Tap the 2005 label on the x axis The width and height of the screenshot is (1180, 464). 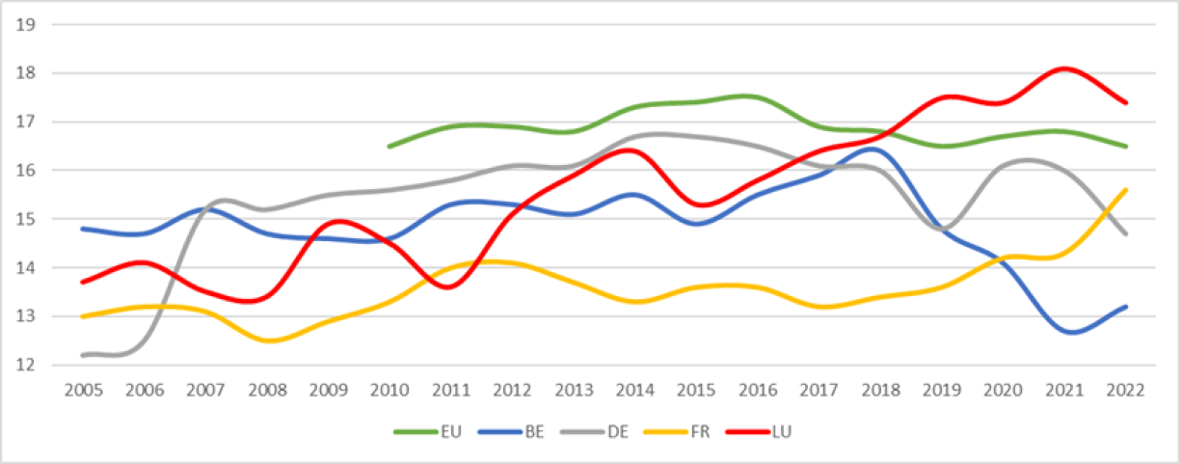[84, 390]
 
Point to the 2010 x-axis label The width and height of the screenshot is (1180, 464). [389, 390]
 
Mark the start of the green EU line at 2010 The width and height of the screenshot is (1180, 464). [389, 147]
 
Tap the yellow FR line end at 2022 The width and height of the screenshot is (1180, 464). [1126, 190]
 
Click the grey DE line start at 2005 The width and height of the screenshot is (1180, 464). [84, 355]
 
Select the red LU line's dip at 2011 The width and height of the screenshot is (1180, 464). [453, 287]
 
